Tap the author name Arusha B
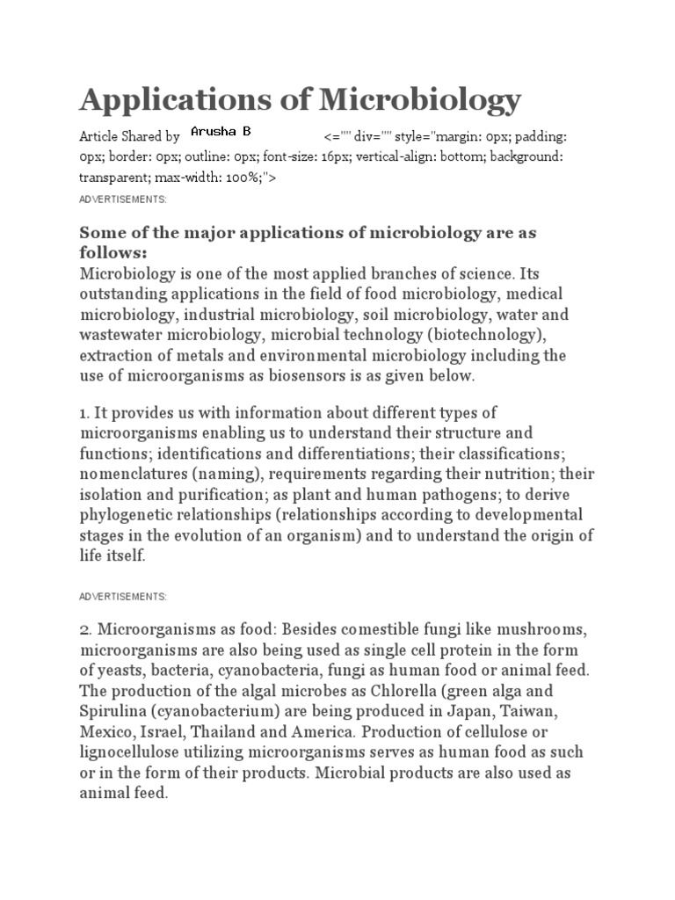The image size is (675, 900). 221,132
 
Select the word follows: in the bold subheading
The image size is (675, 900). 114,253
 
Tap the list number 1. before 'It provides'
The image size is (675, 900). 85,412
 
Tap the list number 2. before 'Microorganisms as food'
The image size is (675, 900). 86,630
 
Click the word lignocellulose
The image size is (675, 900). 135,752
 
